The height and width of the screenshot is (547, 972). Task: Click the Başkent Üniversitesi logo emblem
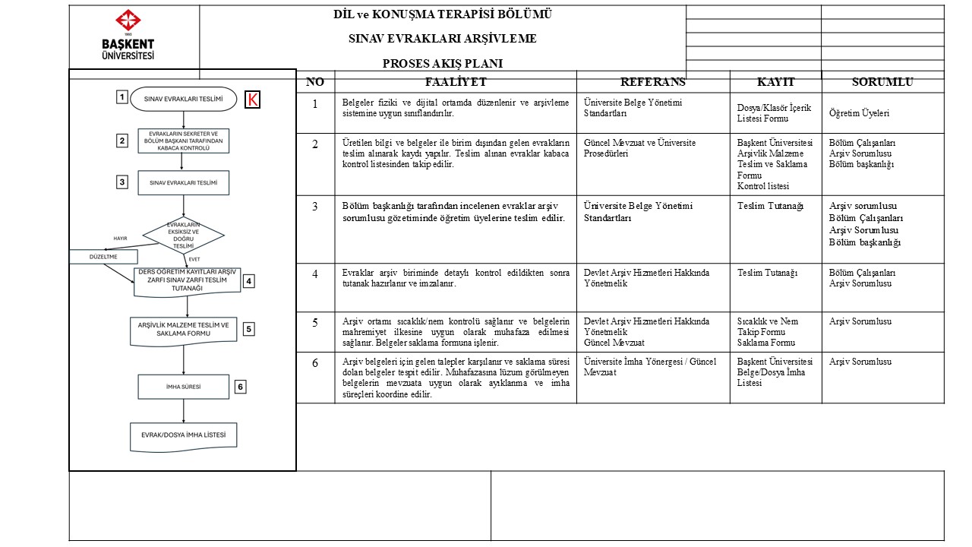click(128, 21)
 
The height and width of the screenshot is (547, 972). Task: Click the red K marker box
click(252, 100)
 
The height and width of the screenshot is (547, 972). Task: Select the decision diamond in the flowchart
click(184, 235)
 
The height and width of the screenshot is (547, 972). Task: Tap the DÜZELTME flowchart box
click(104, 257)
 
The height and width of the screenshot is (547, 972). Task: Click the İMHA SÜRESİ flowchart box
click(183, 387)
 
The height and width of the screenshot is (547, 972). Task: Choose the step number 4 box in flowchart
click(248, 281)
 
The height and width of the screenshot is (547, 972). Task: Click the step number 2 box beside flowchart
click(121, 141)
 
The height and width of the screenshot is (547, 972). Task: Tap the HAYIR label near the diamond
click(120, 239)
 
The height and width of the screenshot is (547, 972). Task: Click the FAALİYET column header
click(456, 82)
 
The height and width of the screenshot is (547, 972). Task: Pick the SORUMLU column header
click(882, 82)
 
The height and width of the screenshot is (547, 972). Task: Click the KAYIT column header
click(775, 82)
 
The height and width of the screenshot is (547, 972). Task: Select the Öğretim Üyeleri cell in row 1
click(859, 113)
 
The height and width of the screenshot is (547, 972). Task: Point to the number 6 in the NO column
click(315, 362)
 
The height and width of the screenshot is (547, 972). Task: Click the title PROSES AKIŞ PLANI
click(443, 64)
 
